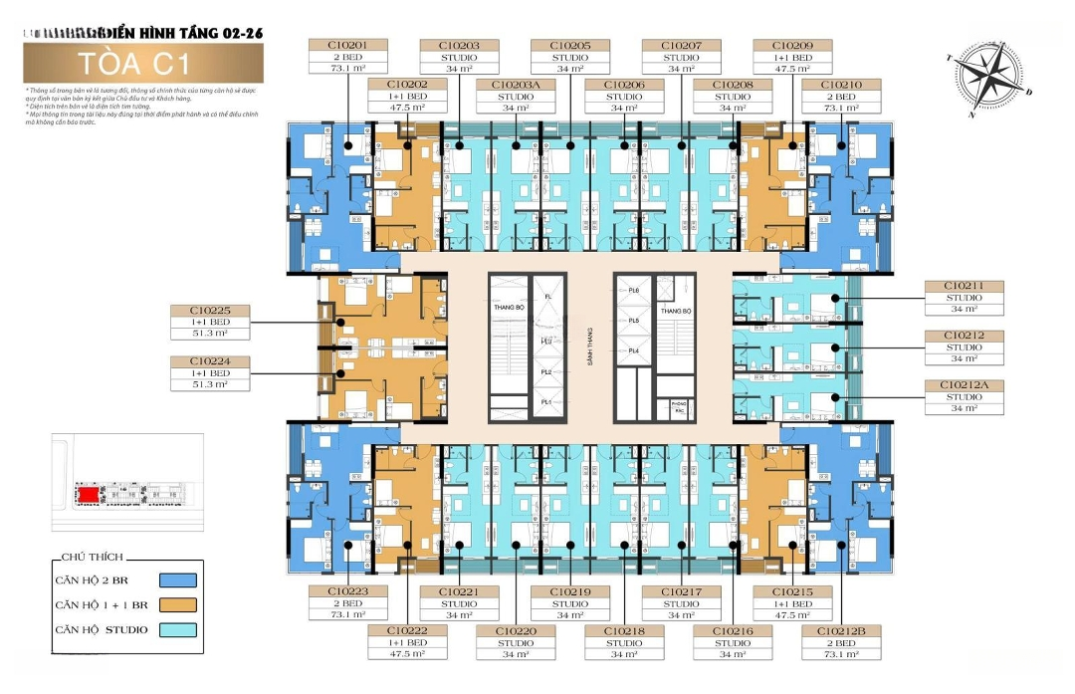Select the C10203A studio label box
(x=515, y=85)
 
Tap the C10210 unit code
(x=842, y=85)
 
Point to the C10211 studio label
(x=964, y=287)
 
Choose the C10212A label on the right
(x=964, y=384)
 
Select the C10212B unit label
(x=842, y=631)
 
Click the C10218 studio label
(x=624, y=631)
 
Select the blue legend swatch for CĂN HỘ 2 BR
(x=178, y=579)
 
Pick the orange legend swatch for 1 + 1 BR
(x=178, y=604)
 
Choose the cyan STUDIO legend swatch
(x=178, y=629)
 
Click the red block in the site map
(x=89, y=494)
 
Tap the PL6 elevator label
(x=633, y=290)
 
